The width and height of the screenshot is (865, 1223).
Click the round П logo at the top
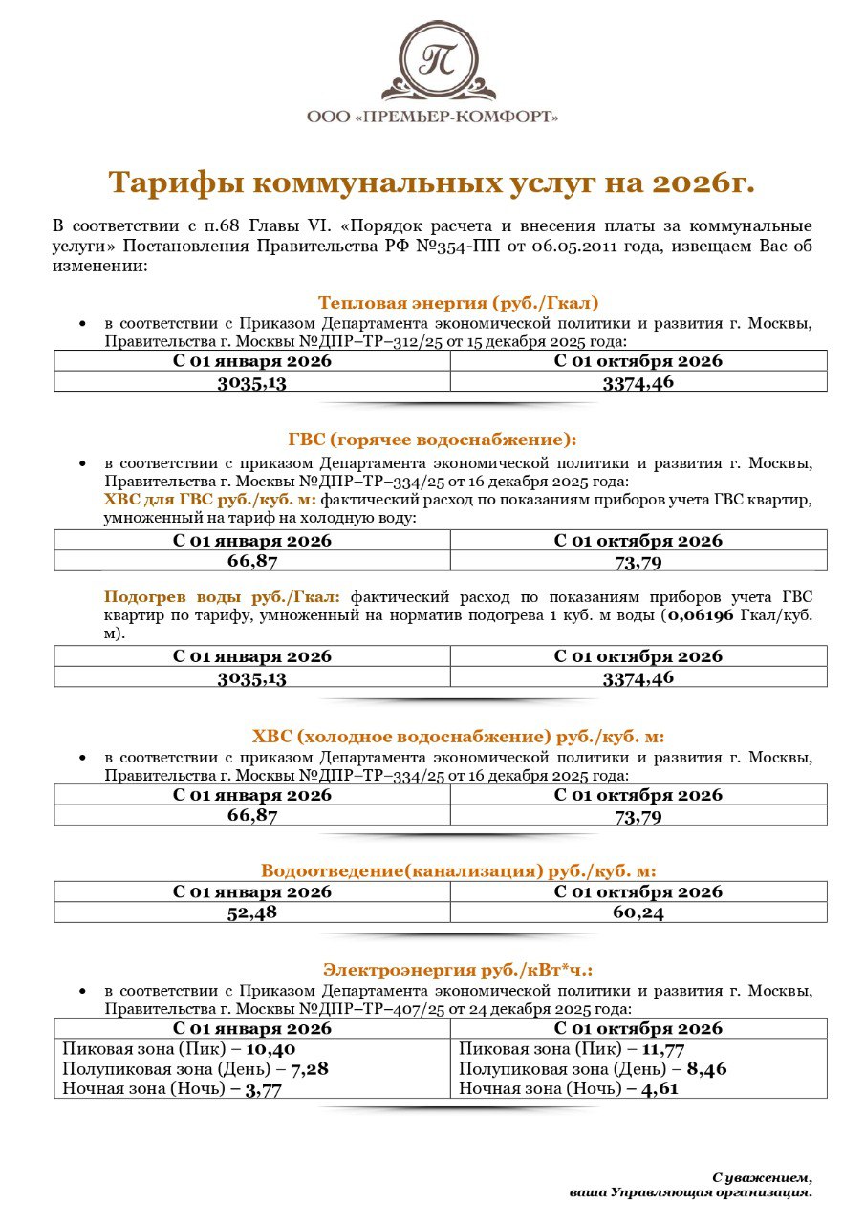point(439,59)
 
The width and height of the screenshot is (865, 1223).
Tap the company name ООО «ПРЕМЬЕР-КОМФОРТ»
point(433,117)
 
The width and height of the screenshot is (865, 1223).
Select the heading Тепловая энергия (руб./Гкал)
point(459,304)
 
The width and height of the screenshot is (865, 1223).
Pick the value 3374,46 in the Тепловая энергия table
point(638,382)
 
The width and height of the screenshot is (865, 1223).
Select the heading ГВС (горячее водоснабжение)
point(433,440)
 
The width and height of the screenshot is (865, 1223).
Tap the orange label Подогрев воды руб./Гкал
point(223,597)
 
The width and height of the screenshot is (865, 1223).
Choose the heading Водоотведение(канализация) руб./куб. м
point(459,870)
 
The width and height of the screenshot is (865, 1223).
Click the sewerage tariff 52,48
point(252,912)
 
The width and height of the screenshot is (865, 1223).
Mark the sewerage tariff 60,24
point(638,912)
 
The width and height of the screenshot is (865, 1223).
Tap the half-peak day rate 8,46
point(706,1068)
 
